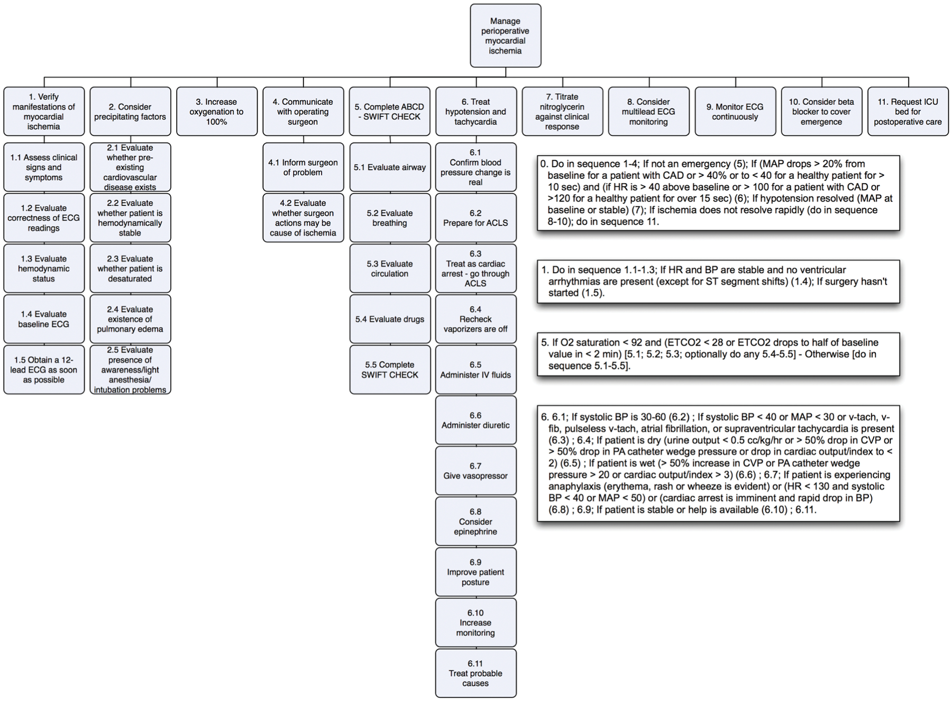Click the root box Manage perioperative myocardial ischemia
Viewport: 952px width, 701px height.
pyautogui.click(x=505, y=36)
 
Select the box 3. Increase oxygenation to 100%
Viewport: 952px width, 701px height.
pyautogui.click(x=217, y=112)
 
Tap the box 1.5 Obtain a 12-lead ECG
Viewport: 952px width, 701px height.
pyautogui.click(x=44, y=370)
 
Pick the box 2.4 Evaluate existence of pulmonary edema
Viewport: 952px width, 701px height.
pyautogui.click(x=130, y=319)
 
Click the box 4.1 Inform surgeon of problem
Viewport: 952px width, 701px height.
pyautogui.click(x=303, y=167)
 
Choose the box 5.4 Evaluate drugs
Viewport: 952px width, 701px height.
pyautogui.click(x=390, y=319)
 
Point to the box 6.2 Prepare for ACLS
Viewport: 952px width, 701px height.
pyautogui.click(x=475, y=218)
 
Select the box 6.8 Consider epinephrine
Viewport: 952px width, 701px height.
pyautogui.click(x=475, y=522)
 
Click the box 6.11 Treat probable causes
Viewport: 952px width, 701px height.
pyautogui.click(x=475, y=673)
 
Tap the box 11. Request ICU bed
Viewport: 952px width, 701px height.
pyautogui.click(x=908, y=112)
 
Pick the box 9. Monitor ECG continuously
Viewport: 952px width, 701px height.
pyautogui.click(x=735, y=112)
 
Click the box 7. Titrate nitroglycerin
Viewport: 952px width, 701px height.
pyautogui.click(x=562, y=112)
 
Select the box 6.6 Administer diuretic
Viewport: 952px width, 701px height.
pyautogui.click(x=475, y=420)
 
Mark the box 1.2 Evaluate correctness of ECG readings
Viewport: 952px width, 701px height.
pyautogui.click(x=44, y=218)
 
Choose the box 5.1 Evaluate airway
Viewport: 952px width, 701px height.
pyautogui.click(x=390, y=167)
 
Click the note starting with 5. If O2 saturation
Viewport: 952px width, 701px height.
pyautogui.click(x=718, y=354)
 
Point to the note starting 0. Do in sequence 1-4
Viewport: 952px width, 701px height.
pyautogui.click(x=718, y=193)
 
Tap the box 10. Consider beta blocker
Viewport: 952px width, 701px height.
pyautogui.click(x=821, y=112)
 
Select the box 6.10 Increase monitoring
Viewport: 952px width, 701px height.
pyautogui.click(x=475, y=623)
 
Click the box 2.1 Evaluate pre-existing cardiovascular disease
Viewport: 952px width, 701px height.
pyautogui.click(x=130, y=167)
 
